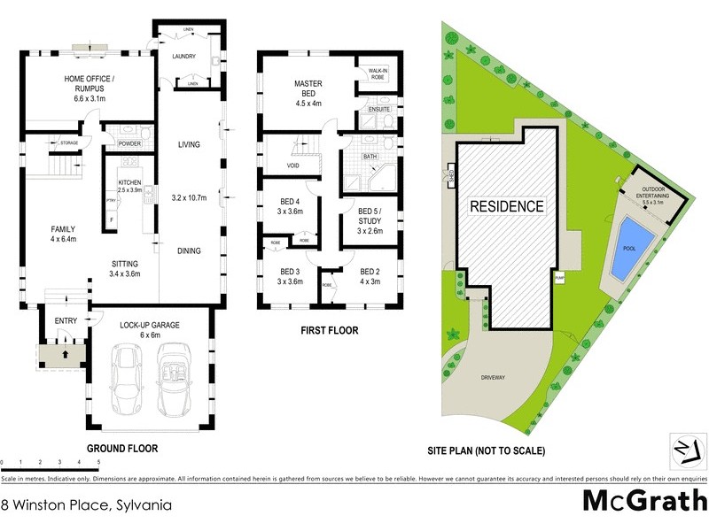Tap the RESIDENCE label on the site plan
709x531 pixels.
(506, 206)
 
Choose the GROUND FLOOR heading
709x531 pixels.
(122, 449)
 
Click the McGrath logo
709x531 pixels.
(644, 500)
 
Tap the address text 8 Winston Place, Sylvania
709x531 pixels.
(86, 506)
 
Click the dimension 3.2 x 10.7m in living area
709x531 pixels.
(187, 197)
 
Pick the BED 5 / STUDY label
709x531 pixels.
(369, 218)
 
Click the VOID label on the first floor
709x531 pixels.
(293, 165)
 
